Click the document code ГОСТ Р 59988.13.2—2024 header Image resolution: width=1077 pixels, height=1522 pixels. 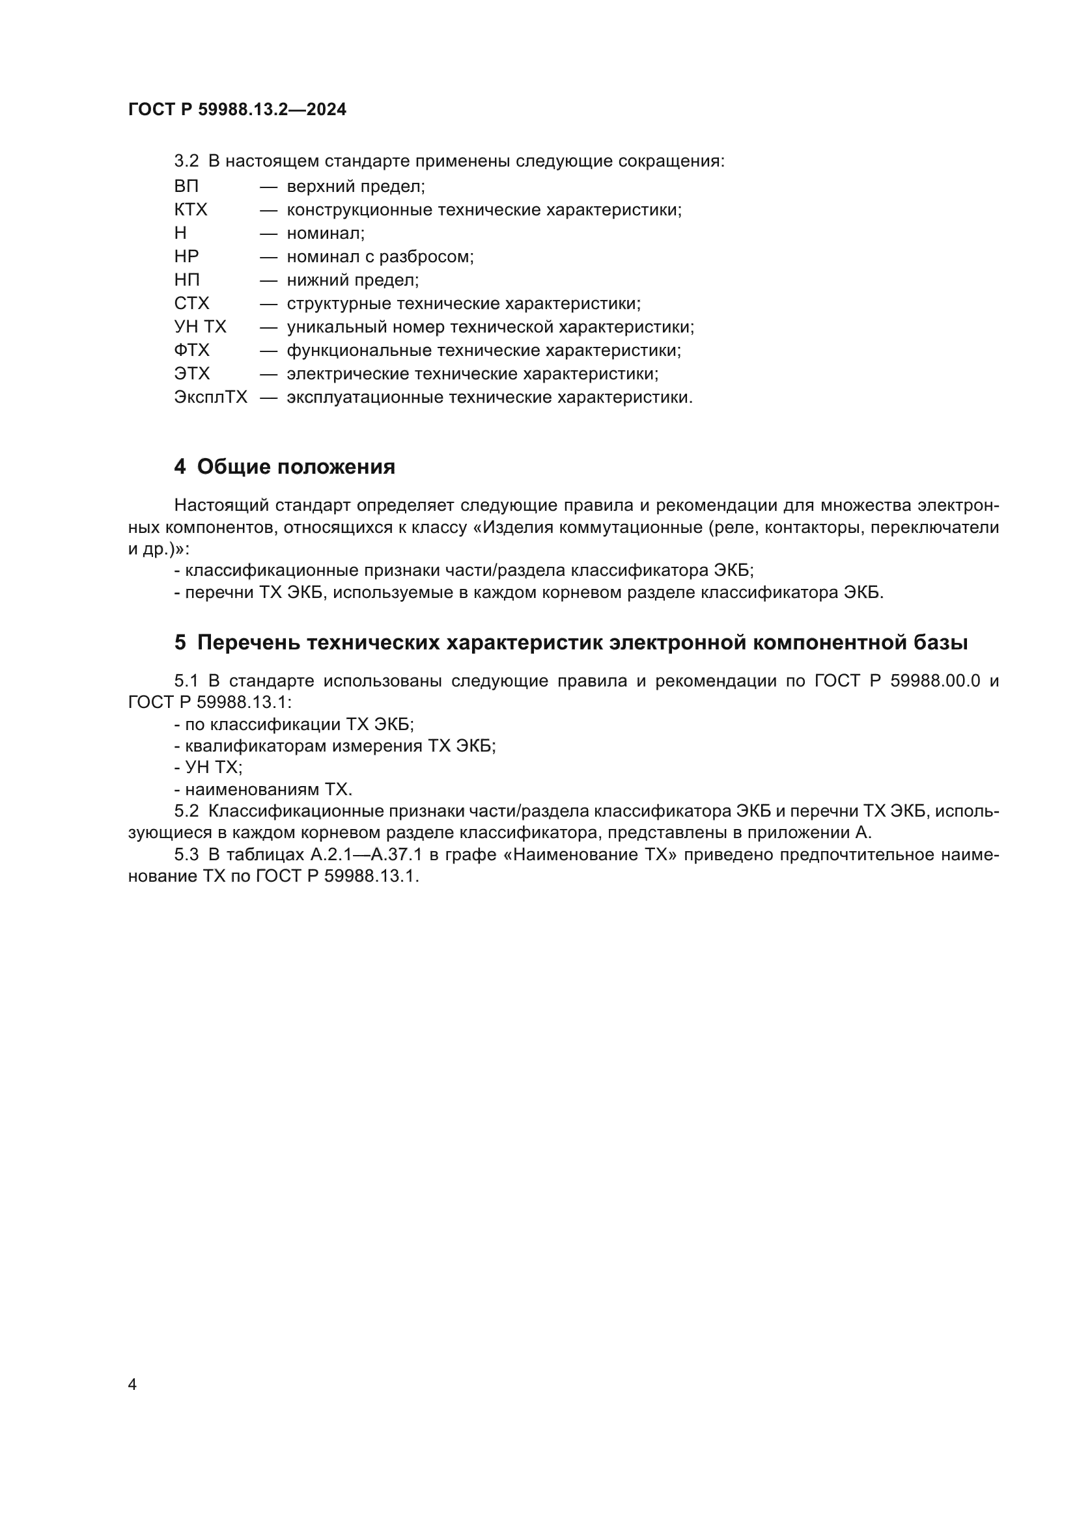[x=237, y=109]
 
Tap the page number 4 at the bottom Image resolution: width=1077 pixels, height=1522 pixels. [x=133, y=1384]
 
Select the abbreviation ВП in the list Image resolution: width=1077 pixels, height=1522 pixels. [x=186, y=186]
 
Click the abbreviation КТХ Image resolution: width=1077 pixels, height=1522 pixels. [x=191, y=210]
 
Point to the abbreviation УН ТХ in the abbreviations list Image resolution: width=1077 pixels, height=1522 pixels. [x=201, y=327]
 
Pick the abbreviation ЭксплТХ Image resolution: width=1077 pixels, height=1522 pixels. [x=210, y=397]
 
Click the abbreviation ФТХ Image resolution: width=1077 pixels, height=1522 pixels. [x=191, y=350]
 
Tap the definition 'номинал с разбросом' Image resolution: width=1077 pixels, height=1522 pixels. [x=380, y=256]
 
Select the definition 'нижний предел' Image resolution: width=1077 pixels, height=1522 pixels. [x=353, y=280]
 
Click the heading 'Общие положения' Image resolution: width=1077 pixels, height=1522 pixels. [x=296, y=467]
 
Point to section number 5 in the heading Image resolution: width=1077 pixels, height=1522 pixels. [x=180, y=642]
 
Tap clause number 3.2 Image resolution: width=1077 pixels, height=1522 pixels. [x=186, y=161]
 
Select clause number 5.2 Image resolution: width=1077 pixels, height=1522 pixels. [x=186, y=811]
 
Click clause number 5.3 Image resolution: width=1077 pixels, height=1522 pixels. [x=186, y=854]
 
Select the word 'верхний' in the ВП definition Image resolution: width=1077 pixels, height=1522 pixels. [x=316, y=186]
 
